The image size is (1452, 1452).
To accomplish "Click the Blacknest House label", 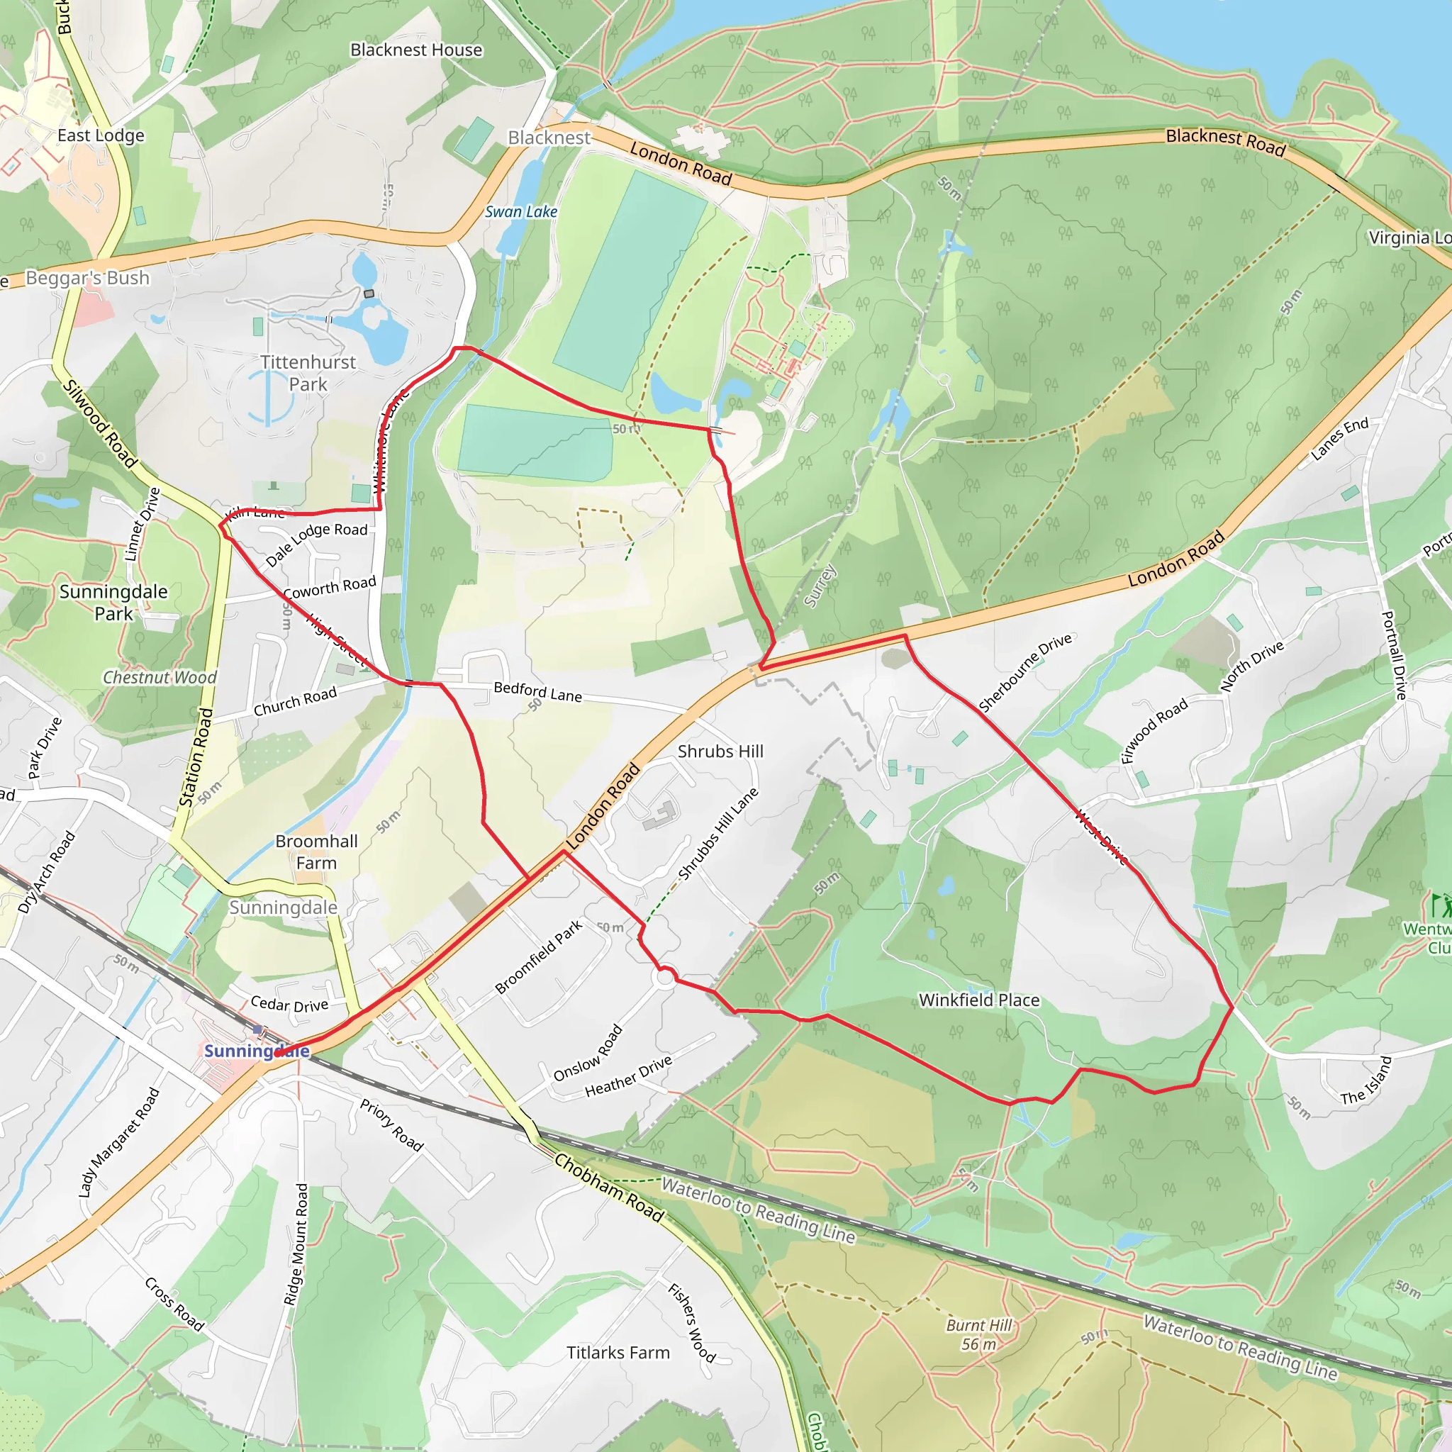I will coord(416,50).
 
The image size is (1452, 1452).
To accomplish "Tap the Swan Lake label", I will coord(521,212).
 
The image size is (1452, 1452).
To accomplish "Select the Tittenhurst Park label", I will coord(308,373).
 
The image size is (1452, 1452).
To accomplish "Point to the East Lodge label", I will coord(101,135).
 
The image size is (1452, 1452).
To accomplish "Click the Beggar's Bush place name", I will coord(88,278).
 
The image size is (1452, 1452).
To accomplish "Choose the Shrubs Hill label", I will coord(720,751).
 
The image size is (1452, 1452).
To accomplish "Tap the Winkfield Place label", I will coord(979,1000).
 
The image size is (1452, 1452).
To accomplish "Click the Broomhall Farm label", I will coord(316,851).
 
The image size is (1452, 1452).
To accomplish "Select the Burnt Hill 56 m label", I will coord(979,1334).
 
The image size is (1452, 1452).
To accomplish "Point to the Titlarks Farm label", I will coord(618,1353).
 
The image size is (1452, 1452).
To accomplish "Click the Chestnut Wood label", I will coord(160,677).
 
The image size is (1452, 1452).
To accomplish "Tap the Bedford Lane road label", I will coord(537,691).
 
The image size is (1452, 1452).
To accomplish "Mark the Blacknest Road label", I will coord(1226,140).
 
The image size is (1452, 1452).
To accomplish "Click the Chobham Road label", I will coord(610,1188).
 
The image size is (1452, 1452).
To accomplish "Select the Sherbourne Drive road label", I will coord(1025,672).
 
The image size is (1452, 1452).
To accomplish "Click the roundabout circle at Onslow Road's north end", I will coord(665,978).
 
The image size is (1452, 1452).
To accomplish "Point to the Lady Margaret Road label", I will coord(118,1142).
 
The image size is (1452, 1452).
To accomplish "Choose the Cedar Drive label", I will coord(289,1004).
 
